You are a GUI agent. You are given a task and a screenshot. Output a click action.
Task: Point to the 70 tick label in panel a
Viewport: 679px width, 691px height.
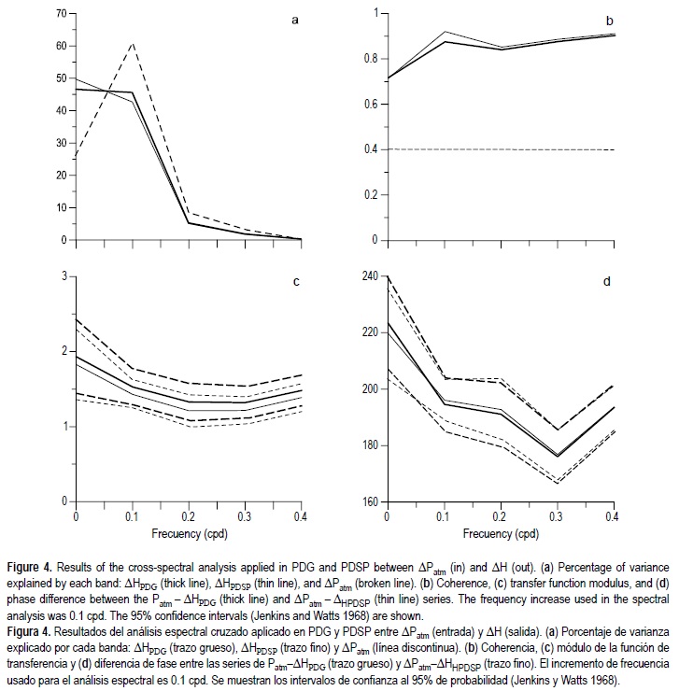(61, 14)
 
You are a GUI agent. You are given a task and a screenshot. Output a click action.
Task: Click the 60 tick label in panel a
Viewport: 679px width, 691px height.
(61, 46)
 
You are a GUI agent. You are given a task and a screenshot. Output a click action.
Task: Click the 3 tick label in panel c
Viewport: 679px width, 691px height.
(64, 275)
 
